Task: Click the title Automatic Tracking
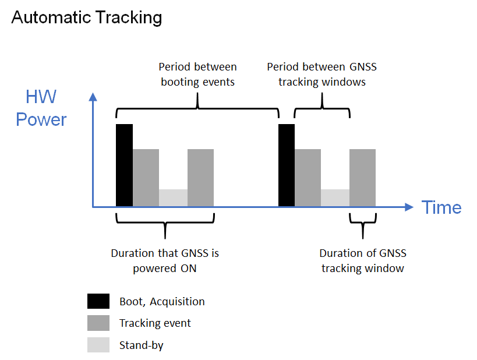tap(87, 17)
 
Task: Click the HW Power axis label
tap(41, 108)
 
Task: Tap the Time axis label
tap(441, 207)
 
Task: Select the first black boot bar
tap(125, 165)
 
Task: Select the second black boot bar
tap(287, 165)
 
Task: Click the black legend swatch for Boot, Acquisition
tap(98, 301)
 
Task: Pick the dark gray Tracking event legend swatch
tap(98, 323)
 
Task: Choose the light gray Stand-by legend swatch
tap(98, 345)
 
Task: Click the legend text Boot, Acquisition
tap(162, 302)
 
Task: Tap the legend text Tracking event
tap(155, 323)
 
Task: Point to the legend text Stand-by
tap(142, 345)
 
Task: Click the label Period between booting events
tap(198, 74)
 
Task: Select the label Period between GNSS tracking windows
tap(322, 74)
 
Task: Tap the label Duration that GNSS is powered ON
tap(165, 261)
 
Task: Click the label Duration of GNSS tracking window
tap(363, 261)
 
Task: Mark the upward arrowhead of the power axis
tap(93, 97)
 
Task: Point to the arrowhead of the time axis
tap(409, 207)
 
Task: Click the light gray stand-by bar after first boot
tap(173, 198)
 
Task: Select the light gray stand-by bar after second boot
tap(335, 198)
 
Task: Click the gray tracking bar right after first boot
tap(146, 178)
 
